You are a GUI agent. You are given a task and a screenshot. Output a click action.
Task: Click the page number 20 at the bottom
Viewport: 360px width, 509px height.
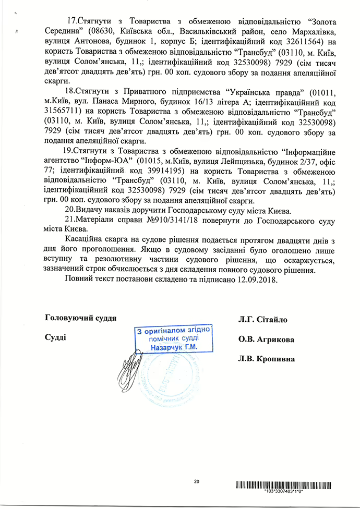[x=196, y=481]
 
